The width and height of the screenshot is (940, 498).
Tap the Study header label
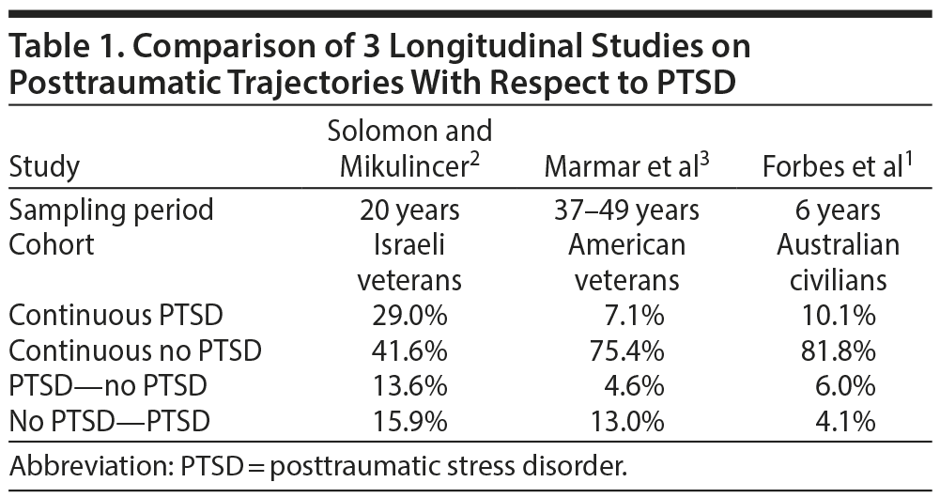(x=45, y=168)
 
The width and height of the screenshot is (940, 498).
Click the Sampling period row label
(x=112, y=210)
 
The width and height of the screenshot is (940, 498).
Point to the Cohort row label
(x=52, y=245)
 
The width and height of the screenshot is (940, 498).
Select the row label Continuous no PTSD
(x=135, y=351)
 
